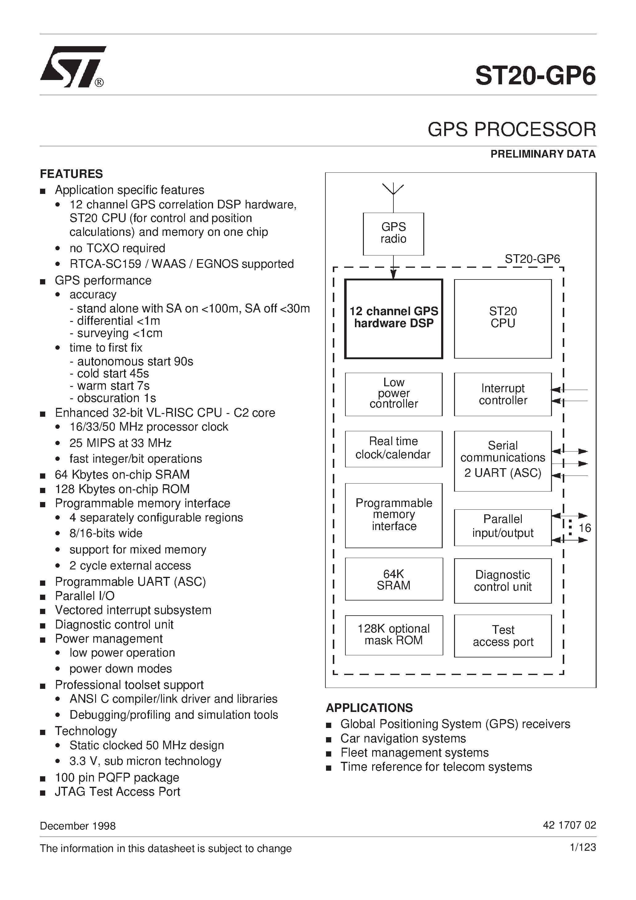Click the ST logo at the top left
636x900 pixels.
tap(73, 66)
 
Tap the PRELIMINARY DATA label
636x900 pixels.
tap(543, 154)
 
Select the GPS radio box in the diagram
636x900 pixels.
tap(393, 234)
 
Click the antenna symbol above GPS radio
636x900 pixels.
tap(393, 190)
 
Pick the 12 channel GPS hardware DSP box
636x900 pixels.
tap(394, 318)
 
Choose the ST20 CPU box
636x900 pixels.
tap(503, 318)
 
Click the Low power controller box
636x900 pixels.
tap(394, 394)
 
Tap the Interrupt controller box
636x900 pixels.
tap(503, 394)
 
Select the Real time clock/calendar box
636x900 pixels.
tap(393, 448)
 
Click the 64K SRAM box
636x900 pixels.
tap(394, 579)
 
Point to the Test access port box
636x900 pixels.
tap(503, 636)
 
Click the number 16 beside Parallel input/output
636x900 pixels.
tap(585, 528)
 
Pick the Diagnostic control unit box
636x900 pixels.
tap(503, 581)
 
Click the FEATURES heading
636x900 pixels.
tap(71, 174)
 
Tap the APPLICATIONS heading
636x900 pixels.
tap(369, 708)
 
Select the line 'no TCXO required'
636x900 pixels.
tap(117, 248)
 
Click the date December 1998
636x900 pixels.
tap(78, 826)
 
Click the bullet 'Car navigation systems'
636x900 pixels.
tap(403, 738)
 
